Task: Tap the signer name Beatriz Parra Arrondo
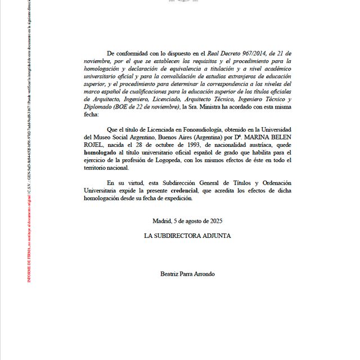187,274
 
